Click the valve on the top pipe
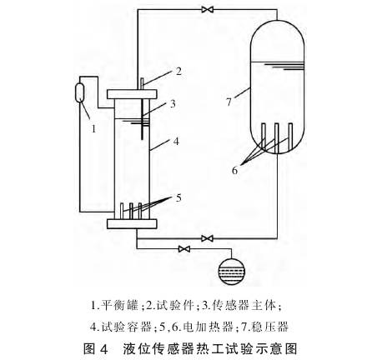[208, 10]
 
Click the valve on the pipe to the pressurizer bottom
[207, 238]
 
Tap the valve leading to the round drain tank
[184, 248]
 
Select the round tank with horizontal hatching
[231, 271]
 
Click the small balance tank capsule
[80, 92]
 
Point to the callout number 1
[93, 128]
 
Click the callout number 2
[178, 72]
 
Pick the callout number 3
[173, 103]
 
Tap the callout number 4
[176, 142]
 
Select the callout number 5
[178, 197]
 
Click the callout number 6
[235, 170]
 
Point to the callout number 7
[229, 102]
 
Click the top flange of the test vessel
[132, 94]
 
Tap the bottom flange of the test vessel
[132, 224]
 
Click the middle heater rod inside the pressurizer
[276, 138]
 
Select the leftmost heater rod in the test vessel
[122, 212]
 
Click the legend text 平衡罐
[119, 305]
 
